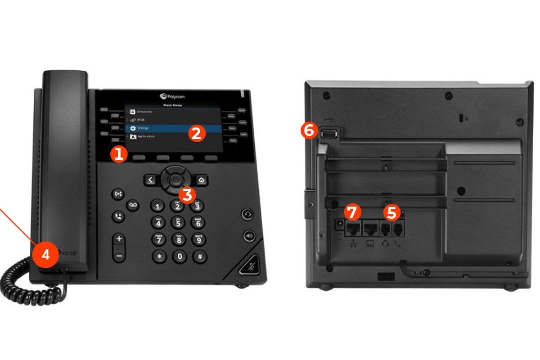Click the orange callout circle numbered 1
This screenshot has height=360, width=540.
click(x=118, y=154)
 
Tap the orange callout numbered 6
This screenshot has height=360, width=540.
click(x=309, y=131)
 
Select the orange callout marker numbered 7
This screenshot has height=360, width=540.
click(x=352, y=212)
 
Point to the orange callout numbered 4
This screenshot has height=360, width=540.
click(x=45, y=254)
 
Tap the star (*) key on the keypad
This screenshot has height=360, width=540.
click(x=158, y=256)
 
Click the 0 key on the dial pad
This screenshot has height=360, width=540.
click(x=180, y=256)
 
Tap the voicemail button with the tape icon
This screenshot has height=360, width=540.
click(x=132, y=205)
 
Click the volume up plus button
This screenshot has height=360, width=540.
click(x=119, y=238)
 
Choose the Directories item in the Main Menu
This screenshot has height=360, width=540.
click(x=144, y=112)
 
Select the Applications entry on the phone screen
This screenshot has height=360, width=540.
click(x=146, y=136)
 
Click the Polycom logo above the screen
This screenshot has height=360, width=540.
click(x=172, y=96)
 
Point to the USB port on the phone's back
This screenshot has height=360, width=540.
click(x=329, y=134)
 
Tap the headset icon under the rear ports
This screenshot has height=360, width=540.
click(x=385, y=244)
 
